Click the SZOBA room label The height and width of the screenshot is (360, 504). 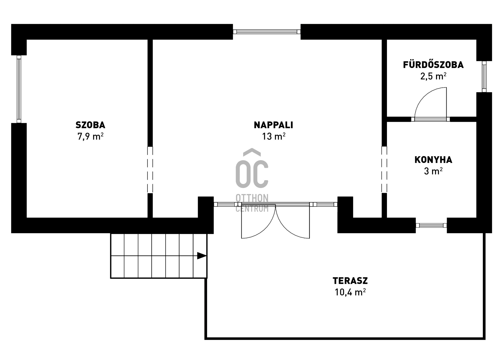(90, 125)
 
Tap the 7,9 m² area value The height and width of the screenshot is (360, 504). (90, 137)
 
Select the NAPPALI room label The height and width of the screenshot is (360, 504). (274, 125)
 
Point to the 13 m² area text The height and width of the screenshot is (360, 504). (274, 137)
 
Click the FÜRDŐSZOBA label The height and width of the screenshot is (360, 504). (433, 65)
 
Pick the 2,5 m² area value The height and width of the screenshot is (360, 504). (433, 76)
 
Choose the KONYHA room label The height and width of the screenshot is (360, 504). (433, 160)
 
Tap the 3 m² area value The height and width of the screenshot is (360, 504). (433, 171)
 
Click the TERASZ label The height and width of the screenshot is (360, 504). (350, 281)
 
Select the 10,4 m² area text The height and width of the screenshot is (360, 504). (350, 292)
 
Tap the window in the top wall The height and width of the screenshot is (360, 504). (267, 32)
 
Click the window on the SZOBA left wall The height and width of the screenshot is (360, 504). (19, 89)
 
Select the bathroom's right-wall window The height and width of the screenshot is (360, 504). (484, 77)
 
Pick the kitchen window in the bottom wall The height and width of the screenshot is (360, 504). (431, 225)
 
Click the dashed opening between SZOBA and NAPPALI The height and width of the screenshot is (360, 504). (150, 170)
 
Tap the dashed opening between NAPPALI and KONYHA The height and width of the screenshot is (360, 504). (384, 170)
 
